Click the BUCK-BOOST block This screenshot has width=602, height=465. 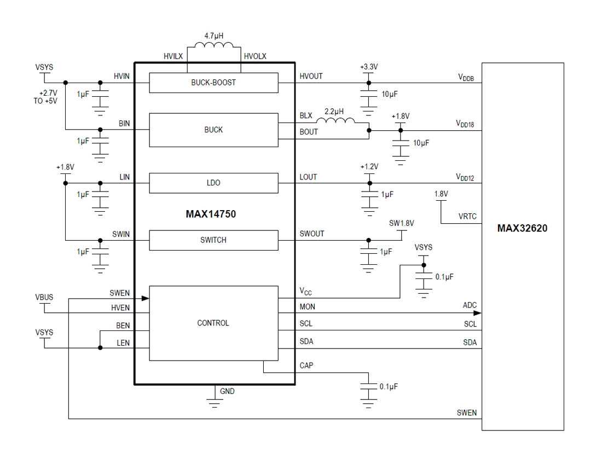tap(213, 83)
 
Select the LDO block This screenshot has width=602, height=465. tap(213, 183)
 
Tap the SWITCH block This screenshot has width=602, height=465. tap(213, 240)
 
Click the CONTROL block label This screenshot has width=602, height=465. tap(213, 323)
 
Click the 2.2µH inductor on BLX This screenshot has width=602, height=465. tap(335, 120)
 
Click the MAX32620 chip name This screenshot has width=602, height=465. tap(522, 229)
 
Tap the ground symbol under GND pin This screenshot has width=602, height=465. tap(214, 404)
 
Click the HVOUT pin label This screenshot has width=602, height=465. tap(311, 76)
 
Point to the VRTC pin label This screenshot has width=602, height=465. tap(467, 217)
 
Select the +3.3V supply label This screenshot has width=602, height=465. tap(369, 67)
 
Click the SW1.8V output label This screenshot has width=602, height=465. tap(401, 223)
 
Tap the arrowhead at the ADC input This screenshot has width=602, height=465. tap(478, 313)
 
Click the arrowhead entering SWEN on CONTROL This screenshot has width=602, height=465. tap(146, 298)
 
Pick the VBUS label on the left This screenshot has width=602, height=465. tap(44, 297)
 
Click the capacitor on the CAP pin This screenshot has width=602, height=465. tap(369, 387)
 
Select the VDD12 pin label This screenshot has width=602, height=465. tap(465, 177)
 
